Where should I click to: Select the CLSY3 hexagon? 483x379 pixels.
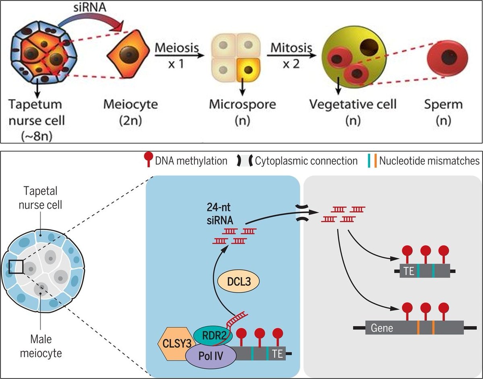[x=175, y=344]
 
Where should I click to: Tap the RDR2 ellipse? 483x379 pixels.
[x=213, y=336]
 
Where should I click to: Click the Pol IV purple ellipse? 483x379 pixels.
[x=211, y=356]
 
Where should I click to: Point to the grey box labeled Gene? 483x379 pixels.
[x=415, y=328]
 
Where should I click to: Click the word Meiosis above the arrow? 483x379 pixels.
[x=177, y=47]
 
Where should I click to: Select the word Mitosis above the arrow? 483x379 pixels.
[x=291, y=47]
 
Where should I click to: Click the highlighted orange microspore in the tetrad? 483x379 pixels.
[x=248, y=70]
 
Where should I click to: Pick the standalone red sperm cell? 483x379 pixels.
[x=447, y=59]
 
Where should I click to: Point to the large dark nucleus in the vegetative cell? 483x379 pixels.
[x=369, y=47]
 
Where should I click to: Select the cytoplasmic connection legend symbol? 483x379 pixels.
[x=244, y=161]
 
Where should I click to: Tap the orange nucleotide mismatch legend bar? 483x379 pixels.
[x=376, y=161]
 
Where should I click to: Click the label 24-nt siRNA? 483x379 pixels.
[x=220, y=214]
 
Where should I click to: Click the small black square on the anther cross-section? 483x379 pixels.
[x=16, y=267]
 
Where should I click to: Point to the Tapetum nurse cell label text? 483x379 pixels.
[x=37, y=112]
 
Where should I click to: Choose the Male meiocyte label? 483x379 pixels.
[x=41, y=346]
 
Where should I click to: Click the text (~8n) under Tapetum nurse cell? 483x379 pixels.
[x=37, y=136]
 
